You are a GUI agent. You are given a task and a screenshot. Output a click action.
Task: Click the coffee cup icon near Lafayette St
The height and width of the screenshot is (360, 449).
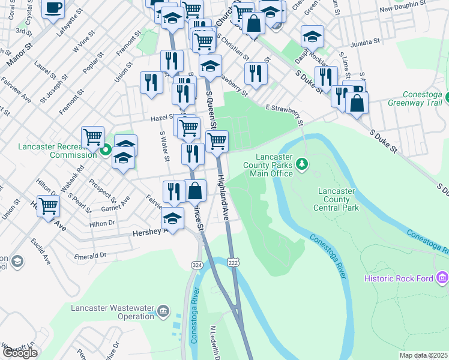pyautogui.click(x=53, y=8)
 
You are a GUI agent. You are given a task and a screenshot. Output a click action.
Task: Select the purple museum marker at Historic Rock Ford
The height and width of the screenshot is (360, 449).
pyautogui.click(x=442, y=278)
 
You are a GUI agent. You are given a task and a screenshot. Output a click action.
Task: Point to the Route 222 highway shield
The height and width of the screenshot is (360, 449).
pyautogui.click(x=233, y=262)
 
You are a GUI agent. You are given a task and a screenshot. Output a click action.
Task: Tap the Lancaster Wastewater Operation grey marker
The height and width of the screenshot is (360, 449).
pyautogui.click(x=163, y=311)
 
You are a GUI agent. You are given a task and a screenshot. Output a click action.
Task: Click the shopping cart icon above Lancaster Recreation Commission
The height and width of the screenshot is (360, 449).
pyautogui.click(x=93, y=137)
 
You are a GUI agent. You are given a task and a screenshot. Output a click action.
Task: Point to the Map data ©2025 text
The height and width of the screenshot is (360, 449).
pyautogui.click(x=423, y=355)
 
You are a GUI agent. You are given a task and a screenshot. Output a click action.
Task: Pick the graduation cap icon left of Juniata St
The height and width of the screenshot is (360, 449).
pyautogui.click(x=312, y=37)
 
